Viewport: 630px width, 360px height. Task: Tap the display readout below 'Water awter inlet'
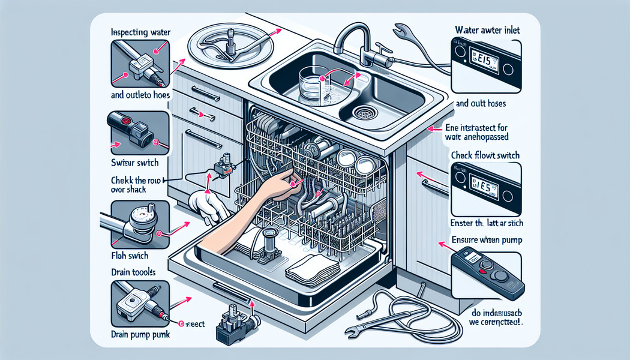click(x=478, y=60)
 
